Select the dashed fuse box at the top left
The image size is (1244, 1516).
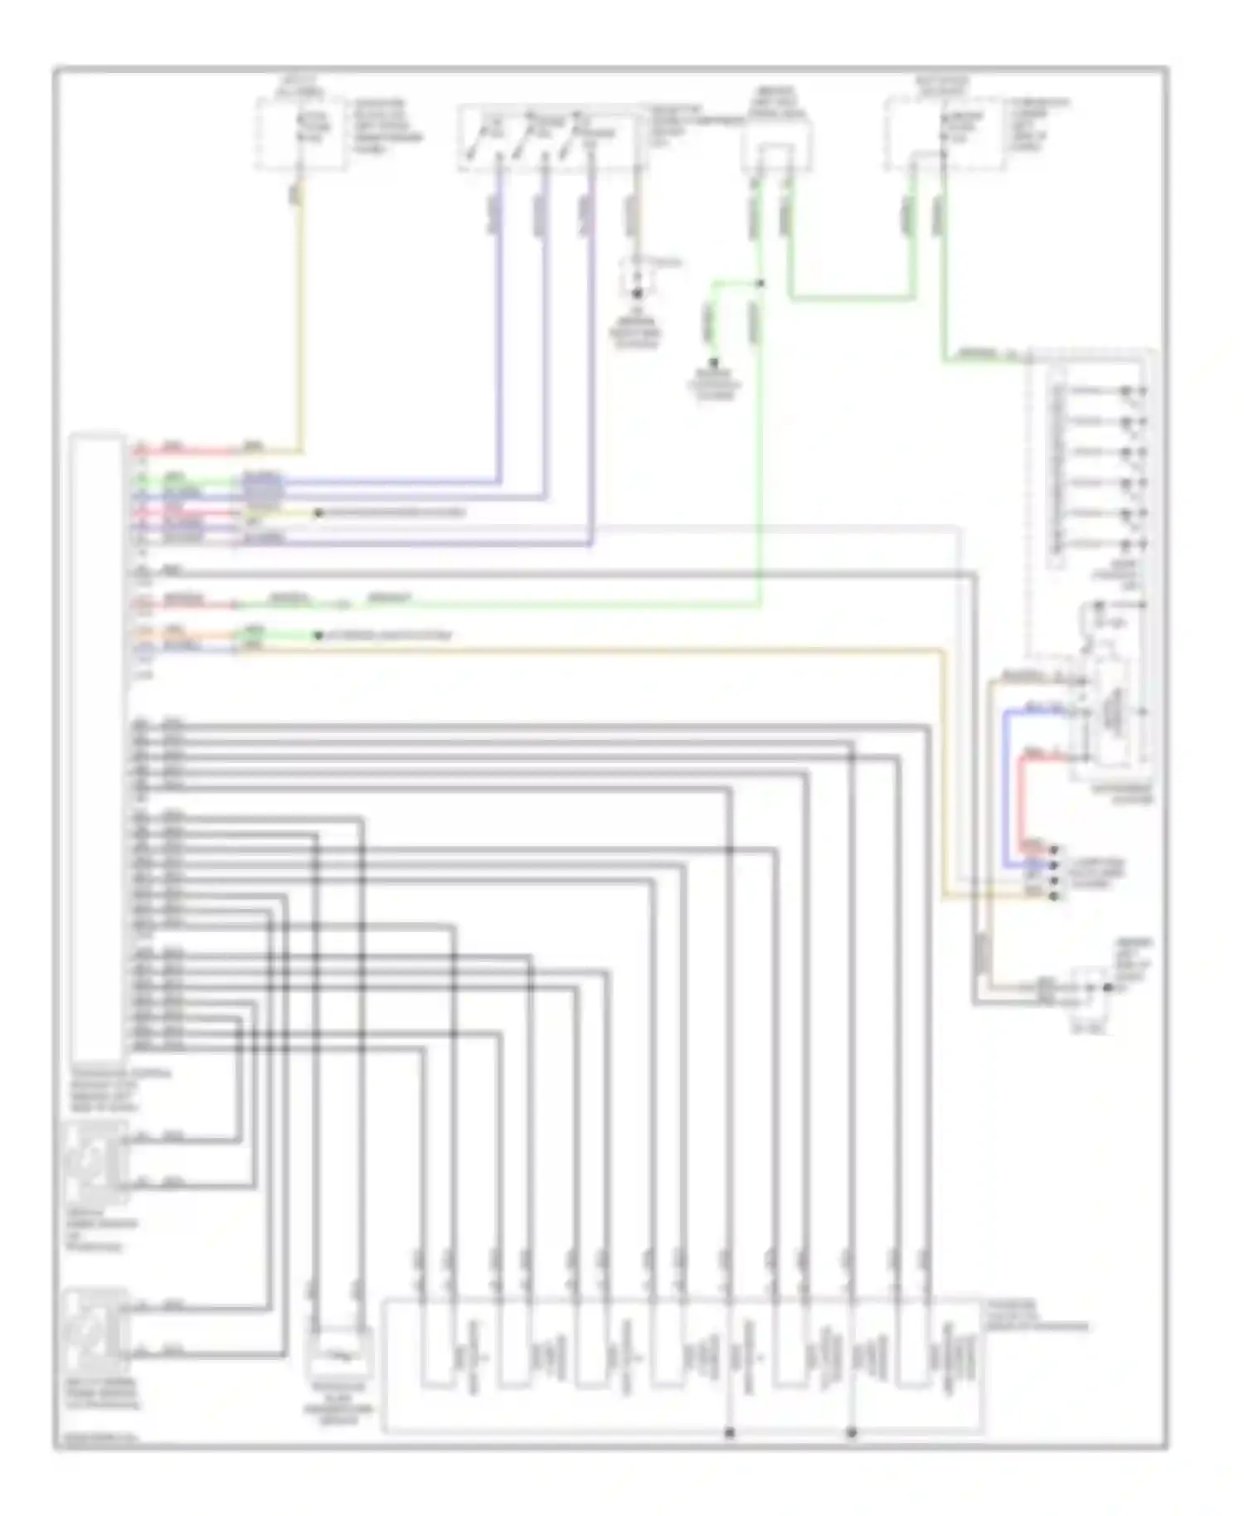coord(300,133)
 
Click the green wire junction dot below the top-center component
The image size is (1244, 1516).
coord(761,284)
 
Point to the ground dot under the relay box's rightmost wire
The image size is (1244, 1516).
coord(637,294)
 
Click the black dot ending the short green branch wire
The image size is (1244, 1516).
coord(712,362)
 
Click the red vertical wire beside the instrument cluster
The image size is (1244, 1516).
coord(1022,796)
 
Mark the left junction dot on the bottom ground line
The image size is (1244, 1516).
coord(730,1432)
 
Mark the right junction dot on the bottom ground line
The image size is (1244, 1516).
coord(852,1432)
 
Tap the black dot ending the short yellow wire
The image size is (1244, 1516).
coord(318,513)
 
